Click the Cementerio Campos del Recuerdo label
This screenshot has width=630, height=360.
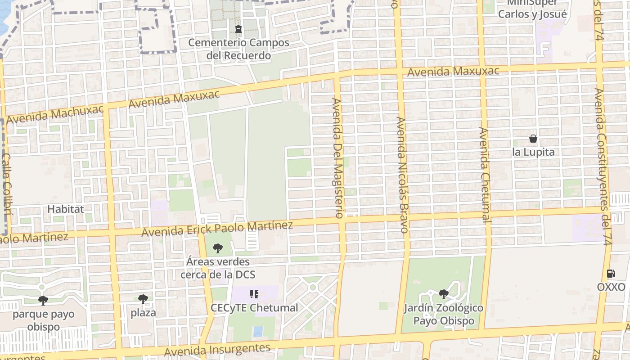point(238,49)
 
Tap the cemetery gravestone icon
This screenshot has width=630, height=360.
point(238,30)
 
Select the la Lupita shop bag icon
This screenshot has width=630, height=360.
point(533,139)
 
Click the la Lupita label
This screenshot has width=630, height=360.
point(533,152)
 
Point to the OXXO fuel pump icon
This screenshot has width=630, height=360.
point(611,273)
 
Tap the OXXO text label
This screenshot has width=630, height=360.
point(611,287)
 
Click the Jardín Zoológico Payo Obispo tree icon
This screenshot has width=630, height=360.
point(443,294)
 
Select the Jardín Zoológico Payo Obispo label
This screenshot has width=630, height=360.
point(443,315)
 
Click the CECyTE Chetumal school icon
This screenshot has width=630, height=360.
point(254,294)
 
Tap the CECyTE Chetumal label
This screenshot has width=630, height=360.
point(254,308)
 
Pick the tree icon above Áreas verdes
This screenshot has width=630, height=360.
point(218,248)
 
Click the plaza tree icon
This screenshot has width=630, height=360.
point(143,299)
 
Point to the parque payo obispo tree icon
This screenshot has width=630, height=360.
point(43,300)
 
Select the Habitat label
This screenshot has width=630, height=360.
point(66,209)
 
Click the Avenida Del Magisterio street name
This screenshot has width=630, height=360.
point(338,157)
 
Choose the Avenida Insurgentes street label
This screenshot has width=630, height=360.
point(217,350)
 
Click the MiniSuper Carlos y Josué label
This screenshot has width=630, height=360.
point(532,9)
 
